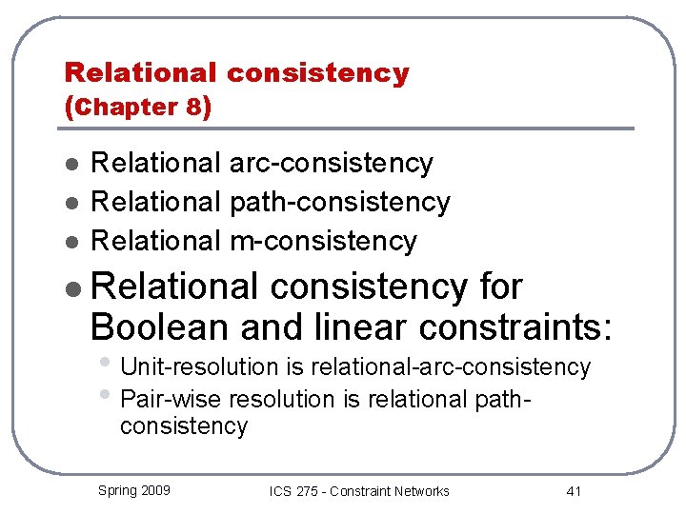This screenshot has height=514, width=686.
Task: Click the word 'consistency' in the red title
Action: (x=319, y=72)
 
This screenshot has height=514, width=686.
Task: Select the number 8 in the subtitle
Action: (x=194, y=107)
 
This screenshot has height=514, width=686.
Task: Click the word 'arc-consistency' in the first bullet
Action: (x=332, y=164)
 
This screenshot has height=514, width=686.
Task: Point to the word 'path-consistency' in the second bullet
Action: (x=339, y=202)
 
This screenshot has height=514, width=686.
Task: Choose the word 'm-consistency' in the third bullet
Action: (x=323, y=241)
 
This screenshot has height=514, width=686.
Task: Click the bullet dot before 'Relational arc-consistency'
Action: (x=71, y=165)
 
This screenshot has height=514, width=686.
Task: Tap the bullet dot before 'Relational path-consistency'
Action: (x=71, y=203)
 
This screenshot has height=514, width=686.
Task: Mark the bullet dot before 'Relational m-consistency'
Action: (x=71, y=242)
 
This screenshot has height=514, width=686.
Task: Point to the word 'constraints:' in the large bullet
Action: (x=505, y=327)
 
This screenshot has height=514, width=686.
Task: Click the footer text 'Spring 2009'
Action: (x=134, y=490)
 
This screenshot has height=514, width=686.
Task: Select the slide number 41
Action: (x=574, y=491)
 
